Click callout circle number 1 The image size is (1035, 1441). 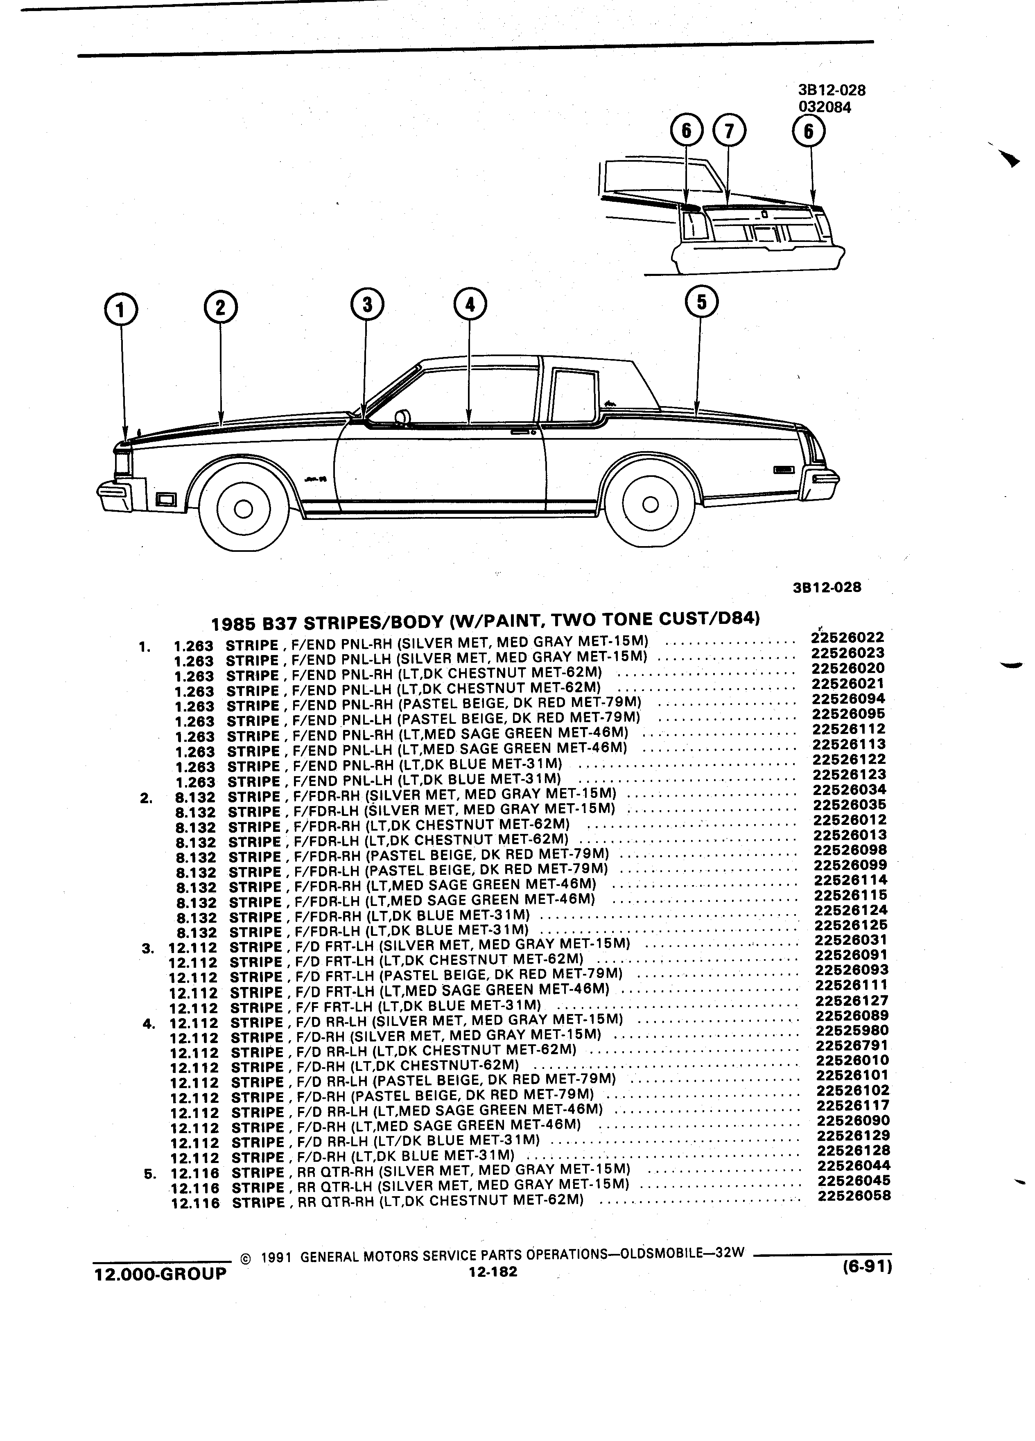click(x=121, y=310)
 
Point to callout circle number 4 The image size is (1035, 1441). click(x=470, y=304)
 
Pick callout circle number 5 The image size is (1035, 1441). click(x=701, y=301)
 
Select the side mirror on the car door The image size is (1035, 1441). click(x=402, y=417)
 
